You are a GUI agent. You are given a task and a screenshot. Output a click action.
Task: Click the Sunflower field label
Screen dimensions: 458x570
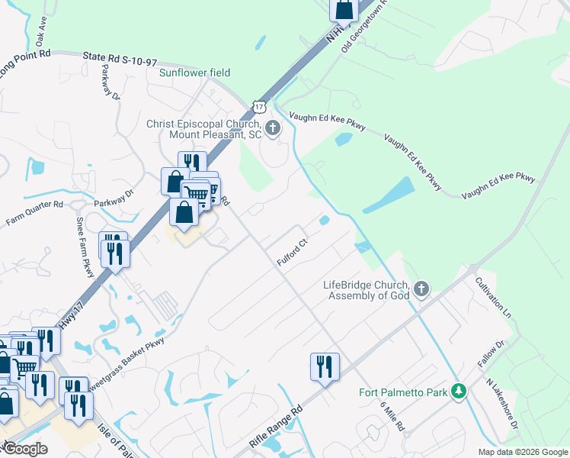pos(194,73)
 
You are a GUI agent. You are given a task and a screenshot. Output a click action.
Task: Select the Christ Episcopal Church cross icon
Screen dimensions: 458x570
pos(274,130)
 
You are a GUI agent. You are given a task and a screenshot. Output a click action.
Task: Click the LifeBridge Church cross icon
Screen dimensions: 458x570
pos(421,289)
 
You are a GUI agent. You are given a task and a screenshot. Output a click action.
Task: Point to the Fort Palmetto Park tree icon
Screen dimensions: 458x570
pos(457,391)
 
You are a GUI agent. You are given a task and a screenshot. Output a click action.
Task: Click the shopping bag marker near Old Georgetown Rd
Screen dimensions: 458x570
pos(344,9)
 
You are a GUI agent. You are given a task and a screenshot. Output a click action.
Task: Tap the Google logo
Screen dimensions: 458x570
pos(25,448)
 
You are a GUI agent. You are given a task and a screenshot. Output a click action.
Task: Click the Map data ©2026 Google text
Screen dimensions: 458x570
pos(522,452)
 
